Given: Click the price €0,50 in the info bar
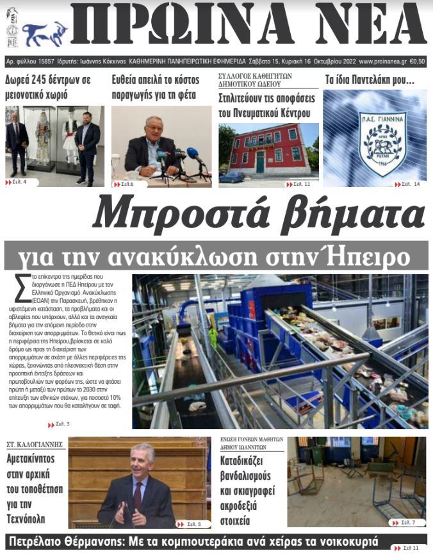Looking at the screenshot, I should (x=417, y=62).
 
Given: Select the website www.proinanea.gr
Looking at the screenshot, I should (x=383, y=62).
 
